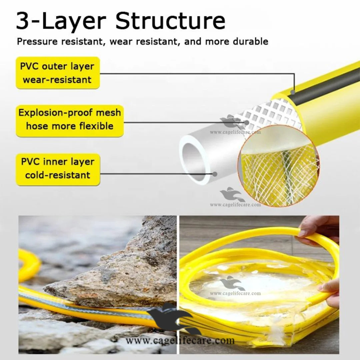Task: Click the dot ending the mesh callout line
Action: [x=247, y=123]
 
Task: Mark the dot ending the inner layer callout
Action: [x=215, y=174]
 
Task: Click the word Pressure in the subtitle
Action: [x=37, y=42]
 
